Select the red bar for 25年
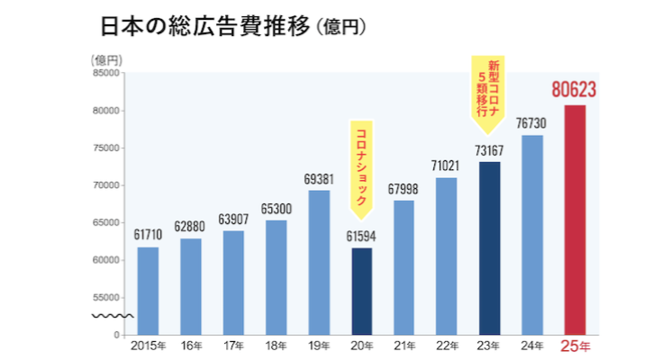[575, 220]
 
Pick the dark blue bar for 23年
[489, 247]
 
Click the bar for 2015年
[147, 290]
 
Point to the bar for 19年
[318, 262]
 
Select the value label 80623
[575, 90]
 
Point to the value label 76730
[531, 122]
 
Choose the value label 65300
[276, 208]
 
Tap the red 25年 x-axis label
[575, 345]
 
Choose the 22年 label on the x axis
[447, 345]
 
